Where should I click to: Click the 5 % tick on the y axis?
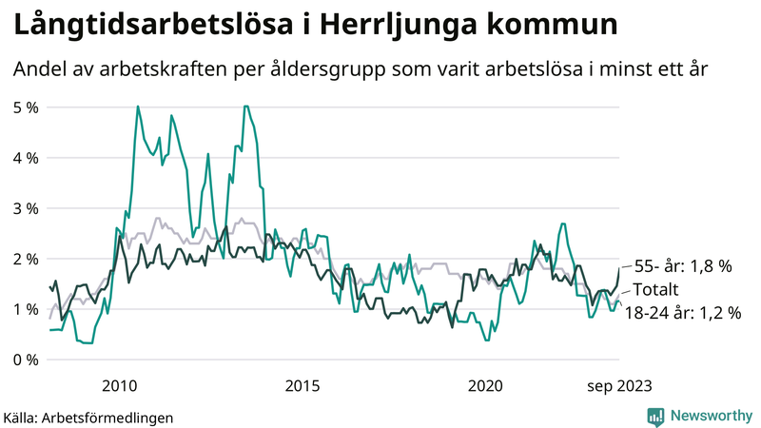click(x=26, y=107)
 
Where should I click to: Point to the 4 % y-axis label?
click(x=26, y=157)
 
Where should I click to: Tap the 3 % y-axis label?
click(x=26, y=207)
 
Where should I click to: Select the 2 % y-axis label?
click(x=26, y=259)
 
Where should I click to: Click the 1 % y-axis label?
click(x=26, y=309)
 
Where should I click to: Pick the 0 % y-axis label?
click(x=26, y=360)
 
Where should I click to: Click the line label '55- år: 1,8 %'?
click(x=682, y=267)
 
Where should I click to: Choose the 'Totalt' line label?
click(x=656, y=289)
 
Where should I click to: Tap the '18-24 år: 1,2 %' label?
click(x=682, y=311)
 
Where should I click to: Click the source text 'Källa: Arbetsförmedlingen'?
click(x=88, y=417)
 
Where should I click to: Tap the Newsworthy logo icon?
click(x=655, y=416)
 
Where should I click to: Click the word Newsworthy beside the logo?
click(x=711, y=416)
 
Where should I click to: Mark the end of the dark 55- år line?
click(x=619, y=268)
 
